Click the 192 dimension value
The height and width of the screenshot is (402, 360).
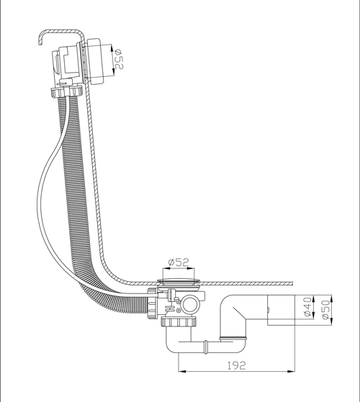(237, 365)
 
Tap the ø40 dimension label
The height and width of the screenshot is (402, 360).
(307, 307)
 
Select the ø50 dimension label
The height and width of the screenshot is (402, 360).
(325, 310)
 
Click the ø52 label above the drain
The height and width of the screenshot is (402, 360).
(179, 262)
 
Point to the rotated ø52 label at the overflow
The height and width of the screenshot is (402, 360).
(119, 59)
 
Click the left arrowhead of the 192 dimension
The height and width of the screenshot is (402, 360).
(181, 371)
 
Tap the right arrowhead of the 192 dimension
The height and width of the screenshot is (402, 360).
(291, 371)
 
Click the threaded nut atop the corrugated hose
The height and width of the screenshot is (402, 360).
(66, 93)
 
